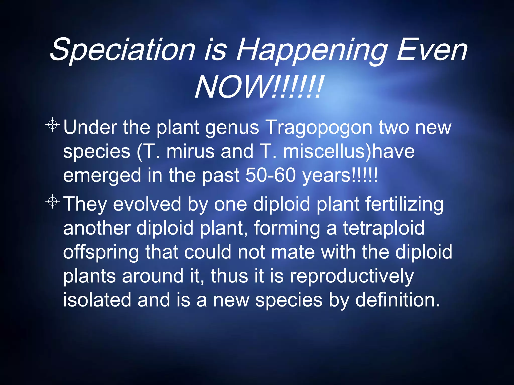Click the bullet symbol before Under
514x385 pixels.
53,124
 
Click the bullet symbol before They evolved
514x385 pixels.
53,201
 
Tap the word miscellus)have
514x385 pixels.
349,152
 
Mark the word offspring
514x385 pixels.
101,253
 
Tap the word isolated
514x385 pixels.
97,300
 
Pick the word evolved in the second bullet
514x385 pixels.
147,204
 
